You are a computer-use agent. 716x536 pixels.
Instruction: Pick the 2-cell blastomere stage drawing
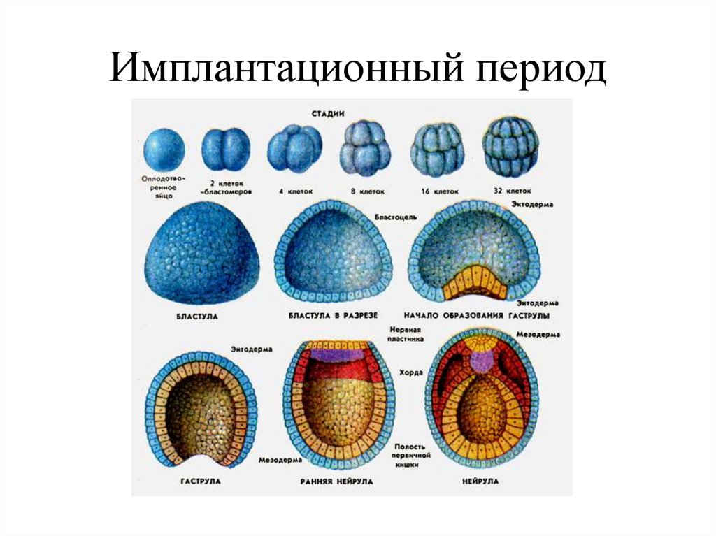point(225,150)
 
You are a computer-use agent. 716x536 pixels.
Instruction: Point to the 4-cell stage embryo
point(294,149)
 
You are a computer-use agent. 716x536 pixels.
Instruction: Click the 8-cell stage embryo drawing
point(364,148)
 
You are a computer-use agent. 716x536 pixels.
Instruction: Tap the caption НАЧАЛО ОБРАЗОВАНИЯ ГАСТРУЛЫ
point(476,316)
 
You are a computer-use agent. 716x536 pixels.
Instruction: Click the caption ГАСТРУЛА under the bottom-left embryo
point(200,482)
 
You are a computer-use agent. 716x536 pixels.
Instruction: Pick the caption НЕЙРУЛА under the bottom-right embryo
point(480,481)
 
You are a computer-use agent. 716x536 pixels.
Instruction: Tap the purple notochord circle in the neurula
point(481,361)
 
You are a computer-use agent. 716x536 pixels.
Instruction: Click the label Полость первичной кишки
point(412,456)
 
